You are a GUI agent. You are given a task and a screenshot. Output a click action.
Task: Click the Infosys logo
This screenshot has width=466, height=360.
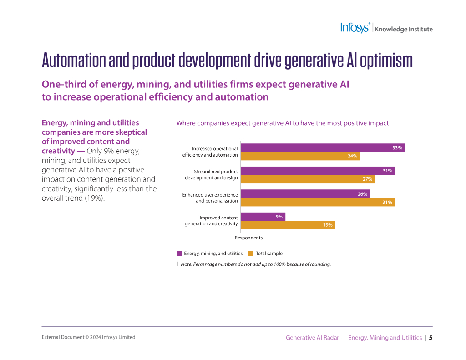[x=355, y=28]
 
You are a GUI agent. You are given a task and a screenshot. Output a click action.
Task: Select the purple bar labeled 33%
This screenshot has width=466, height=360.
[x=322, y=148]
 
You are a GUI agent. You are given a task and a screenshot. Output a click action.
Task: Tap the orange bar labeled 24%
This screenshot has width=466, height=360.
[x=300, y=156]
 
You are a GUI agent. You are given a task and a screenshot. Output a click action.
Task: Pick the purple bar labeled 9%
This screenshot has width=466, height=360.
[x=263, y=217]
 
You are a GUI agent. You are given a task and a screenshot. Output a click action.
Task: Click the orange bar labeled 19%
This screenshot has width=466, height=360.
[x=288, y=225]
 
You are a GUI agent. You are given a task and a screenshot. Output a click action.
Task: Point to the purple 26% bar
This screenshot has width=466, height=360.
[x=305, y=194]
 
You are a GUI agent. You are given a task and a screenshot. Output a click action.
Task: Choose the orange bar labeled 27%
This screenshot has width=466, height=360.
[x=308, y=179]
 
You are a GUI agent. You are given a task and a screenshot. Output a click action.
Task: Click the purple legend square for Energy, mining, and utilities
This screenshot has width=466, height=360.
[x=179, y=254]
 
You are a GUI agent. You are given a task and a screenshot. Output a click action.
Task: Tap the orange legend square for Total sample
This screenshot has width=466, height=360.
[x=251, y=254]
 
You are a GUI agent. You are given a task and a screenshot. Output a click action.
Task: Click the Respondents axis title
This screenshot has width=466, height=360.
[x=248, y=238]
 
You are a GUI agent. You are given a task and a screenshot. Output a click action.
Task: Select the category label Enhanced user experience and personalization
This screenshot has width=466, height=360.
[x=210, y=198]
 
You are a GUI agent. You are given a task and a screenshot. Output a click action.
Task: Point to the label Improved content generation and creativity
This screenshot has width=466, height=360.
[x=211, y=221]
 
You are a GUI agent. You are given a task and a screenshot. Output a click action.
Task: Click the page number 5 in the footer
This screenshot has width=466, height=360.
[x=431, y=338]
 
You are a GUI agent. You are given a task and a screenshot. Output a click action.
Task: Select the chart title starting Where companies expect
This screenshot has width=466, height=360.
[x=282, y=123]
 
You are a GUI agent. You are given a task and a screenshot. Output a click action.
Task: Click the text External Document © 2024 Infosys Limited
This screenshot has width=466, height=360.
[x=88, y=337]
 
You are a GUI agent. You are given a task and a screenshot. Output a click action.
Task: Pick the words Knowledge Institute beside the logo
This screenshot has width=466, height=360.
[x=403, y=29]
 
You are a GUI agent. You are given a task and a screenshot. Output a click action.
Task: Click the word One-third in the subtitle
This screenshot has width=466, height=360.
[x=61, y=85]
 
